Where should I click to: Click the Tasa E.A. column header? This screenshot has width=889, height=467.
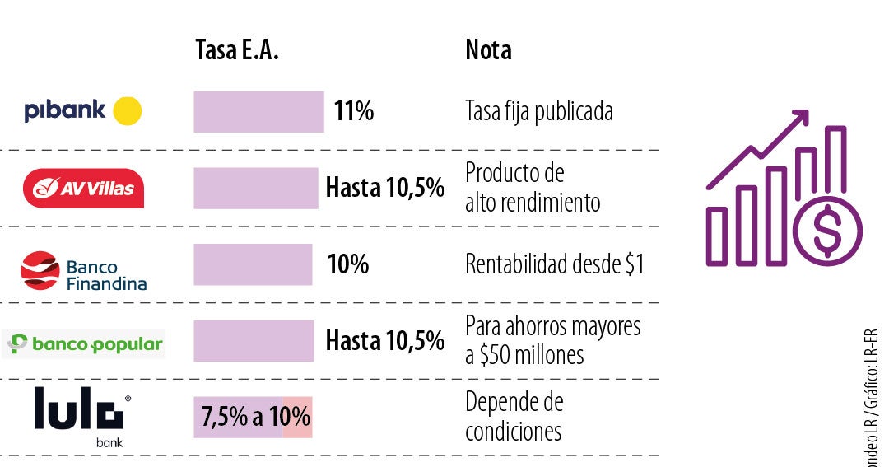click(x=237, y=50)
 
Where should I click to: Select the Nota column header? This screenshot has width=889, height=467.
click(x=488, y=50)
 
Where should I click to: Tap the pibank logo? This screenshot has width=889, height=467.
click(x=82, y=110)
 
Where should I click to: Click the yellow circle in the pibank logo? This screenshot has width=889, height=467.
click(x=127, y=110)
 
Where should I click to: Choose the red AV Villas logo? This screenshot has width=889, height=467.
click(x=83, y=189)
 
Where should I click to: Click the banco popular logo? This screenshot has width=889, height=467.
click(x=85, y=344)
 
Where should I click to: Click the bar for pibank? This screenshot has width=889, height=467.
click(x=258, y=111)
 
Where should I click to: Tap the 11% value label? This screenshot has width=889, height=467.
click(x=354, y=111)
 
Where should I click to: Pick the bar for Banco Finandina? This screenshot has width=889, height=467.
click(x=253, y=264)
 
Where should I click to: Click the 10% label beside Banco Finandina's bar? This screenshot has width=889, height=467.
click(x=347, y=264)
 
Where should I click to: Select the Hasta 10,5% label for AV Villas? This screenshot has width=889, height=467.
click(x=384, y=189)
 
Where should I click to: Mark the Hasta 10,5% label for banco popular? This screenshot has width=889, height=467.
click(x=384, y=340)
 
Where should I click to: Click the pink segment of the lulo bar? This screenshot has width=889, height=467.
click(x=297, y=417)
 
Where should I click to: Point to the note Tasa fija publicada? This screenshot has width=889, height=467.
click(x=538, y=111)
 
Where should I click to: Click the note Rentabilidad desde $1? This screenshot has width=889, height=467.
click(x=554, y=264)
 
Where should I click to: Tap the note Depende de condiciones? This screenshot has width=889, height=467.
click(x=514, y=417)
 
